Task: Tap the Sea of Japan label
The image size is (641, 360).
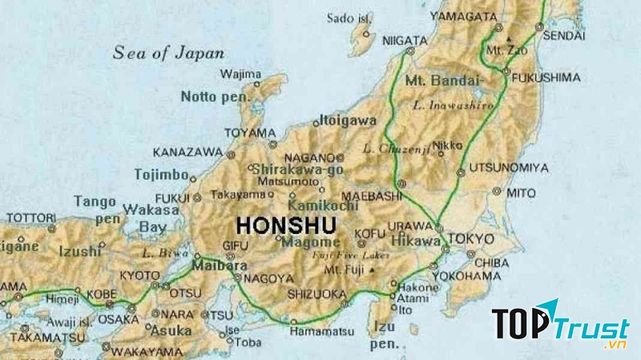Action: (x=168, y=54)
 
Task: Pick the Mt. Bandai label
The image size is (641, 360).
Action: (x=442, y=80)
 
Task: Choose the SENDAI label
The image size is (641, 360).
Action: (x=564, y=36)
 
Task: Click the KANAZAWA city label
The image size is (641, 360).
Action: (x=187, y=151)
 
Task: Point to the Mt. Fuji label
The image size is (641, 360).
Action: (x=342, y=270)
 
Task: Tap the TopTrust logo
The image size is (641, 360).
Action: (x=560, y=326)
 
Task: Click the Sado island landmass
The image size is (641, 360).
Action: (x=363, y=39)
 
